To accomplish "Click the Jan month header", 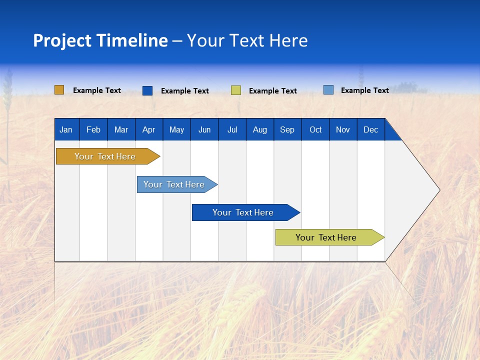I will coord(66,130).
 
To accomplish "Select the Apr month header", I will coord(148,130).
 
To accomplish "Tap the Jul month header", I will coord(232,130).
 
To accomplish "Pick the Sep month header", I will coord(287,130).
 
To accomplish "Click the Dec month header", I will coord(370,130).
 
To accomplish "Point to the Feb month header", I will coord(93,130).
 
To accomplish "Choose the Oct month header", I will coord(315,130).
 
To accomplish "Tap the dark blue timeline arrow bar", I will coord(243,212).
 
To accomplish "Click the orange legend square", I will coord(59,90).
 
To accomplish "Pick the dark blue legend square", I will coord(147,90).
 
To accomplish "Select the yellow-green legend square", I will coord(236,90).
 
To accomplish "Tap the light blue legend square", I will coord(328,90).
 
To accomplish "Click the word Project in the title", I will coord(62,40).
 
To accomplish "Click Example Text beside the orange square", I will coord(97,90).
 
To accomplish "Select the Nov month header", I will coord(343,130).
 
